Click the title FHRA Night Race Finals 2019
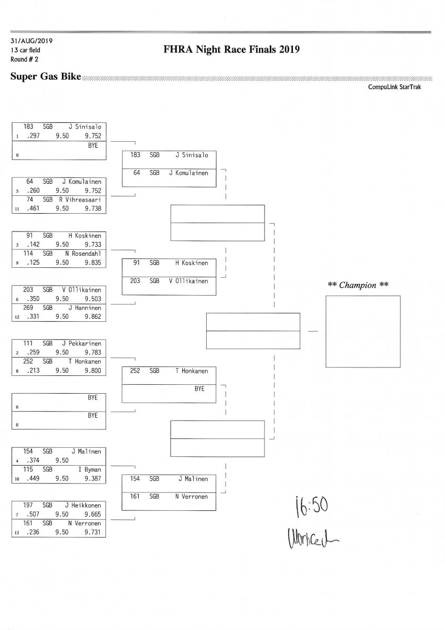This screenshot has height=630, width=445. pos(231,50)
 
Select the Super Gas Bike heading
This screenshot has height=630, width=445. pos(46,77)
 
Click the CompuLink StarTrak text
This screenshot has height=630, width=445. pos(398,87)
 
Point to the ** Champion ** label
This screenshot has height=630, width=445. pos(358,285)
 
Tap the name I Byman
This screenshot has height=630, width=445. pos(90,469)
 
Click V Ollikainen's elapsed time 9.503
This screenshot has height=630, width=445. pos(92,299)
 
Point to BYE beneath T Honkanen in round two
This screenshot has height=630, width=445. pos(199,389)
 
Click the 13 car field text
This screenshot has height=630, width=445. pos(25,50)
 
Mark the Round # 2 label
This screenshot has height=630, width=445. pos(23,59)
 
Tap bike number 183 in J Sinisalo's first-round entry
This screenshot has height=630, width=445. pos(29,127)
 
